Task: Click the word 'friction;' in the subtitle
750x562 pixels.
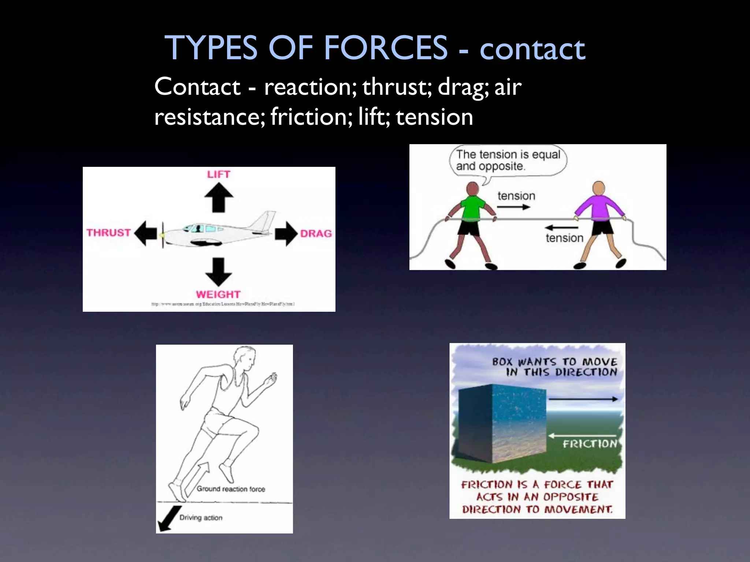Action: pos(312,117)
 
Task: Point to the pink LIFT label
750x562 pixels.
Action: pos(219,174)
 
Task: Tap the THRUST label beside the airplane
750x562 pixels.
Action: pos(108,233)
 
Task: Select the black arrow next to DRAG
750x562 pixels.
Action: pos(286,233)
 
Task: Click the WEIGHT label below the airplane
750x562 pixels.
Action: pos(218,294)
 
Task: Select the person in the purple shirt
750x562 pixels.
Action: pos(599,220)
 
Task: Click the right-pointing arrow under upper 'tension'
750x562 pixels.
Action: pos(513,207)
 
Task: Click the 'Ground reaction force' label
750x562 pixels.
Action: pos(231,489)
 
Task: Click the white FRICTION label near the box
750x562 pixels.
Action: pos(590,444)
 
